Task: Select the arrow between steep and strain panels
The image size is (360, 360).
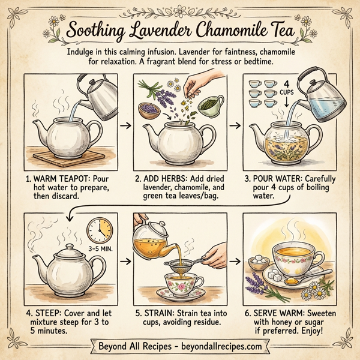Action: point(125,262)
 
